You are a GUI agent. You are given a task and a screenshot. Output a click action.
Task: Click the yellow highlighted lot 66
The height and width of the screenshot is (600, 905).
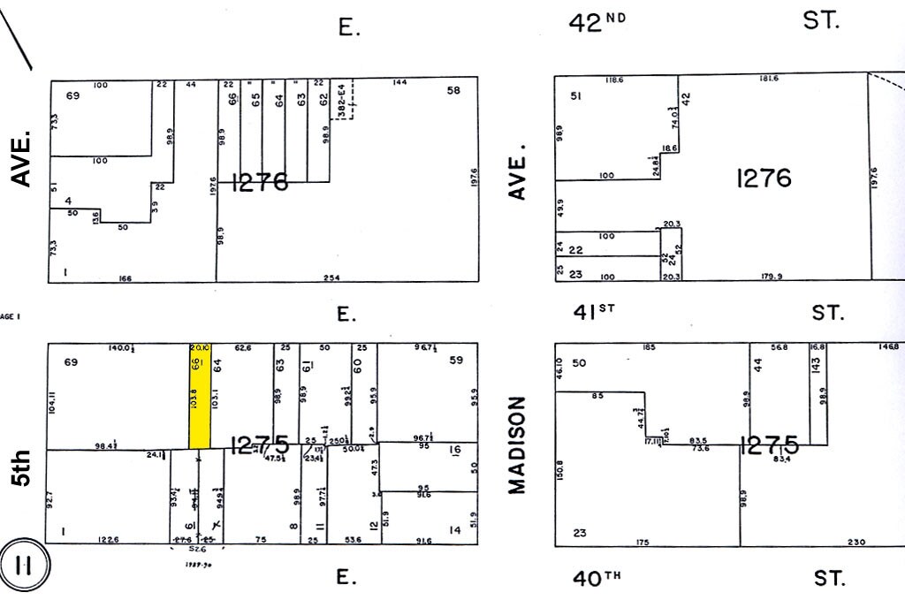click(200, 396)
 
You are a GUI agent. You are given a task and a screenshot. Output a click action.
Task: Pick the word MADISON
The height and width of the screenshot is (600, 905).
click(518, 444)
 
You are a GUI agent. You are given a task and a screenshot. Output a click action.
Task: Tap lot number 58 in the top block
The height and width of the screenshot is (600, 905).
click(454, 90)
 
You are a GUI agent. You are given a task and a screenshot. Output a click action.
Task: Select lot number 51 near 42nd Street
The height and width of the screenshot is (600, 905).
click(575, 95)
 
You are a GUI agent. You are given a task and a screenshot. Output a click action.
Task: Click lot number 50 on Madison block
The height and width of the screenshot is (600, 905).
click(580, 363)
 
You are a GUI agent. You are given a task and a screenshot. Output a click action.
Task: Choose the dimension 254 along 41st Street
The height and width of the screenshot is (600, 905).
click(331, 278)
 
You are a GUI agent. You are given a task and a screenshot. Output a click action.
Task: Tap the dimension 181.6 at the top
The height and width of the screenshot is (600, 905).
click(768, 80)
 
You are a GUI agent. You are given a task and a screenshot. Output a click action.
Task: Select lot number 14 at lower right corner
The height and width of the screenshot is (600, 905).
click(455, 530)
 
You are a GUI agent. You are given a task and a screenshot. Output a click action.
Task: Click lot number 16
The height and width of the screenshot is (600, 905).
click(455, 451)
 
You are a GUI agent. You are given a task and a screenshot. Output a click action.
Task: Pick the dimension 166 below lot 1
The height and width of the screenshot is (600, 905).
click(125, 278)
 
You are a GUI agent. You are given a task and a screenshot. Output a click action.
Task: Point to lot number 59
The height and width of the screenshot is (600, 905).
click(456, 360)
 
